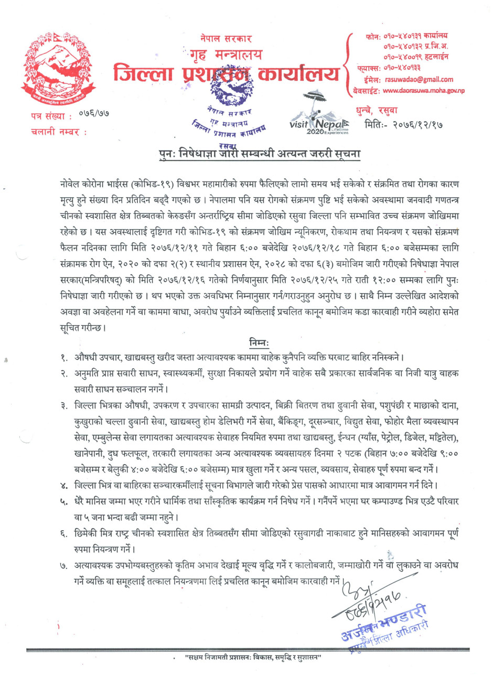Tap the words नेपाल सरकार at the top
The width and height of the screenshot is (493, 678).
pyautogui.click(x=226, y=39)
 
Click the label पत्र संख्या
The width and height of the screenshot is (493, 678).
pyautogui.click(x=48, y=116)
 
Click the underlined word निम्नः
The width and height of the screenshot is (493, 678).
pyautogui.click(x=259, y=343)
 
